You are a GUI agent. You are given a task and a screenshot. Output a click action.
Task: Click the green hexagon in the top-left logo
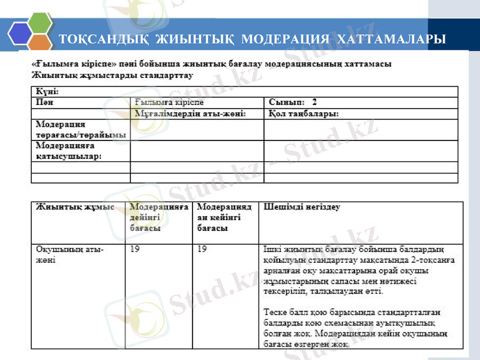coord(40,23)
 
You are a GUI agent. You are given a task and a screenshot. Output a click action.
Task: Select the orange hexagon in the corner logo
coord(40,44)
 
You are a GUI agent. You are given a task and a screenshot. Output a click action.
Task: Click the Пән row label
coord(42,103)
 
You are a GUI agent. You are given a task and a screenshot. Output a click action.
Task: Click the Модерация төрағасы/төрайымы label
coord(80,130)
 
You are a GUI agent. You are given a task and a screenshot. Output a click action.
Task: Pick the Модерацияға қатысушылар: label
coord(68,151)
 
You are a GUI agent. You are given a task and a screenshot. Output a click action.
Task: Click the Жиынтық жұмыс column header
coord(75,207)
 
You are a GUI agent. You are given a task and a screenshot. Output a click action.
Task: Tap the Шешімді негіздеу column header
coord(302,207)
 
